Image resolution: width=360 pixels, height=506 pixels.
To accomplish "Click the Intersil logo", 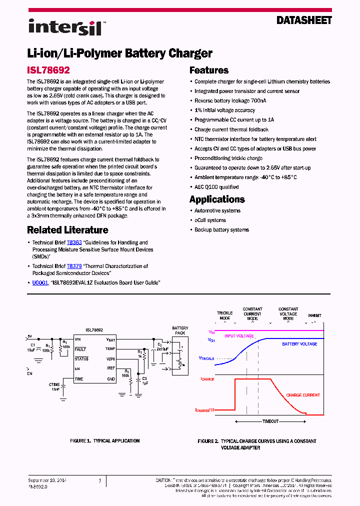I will (65, 26).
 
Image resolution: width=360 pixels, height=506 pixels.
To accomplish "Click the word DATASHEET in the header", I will (304, 20).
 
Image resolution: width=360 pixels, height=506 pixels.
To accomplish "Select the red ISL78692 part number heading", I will (48, 71).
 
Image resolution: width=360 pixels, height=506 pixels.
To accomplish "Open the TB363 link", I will (74, 242).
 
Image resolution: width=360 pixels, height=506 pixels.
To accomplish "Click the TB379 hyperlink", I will (74, 266).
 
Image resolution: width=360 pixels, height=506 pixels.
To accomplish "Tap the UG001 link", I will (40, 282).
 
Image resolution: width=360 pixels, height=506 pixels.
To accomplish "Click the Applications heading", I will (217, 199).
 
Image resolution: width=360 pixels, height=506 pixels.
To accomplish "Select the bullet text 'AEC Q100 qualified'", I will (216, 187).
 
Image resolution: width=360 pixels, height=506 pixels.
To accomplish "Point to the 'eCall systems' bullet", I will (210, 220).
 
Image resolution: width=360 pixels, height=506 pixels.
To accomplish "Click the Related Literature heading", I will (67, 230).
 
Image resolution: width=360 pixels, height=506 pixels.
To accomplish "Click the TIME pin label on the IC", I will (79, 379).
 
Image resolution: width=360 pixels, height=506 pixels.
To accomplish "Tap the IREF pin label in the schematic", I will (110, 368).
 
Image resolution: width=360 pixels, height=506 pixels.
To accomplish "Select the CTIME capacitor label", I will (54, 384).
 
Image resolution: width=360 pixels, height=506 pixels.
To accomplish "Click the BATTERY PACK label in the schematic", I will (180, 330).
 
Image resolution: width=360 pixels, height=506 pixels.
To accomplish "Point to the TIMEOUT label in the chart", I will (270, 421).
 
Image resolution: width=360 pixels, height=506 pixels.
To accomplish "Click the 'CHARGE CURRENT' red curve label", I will (303, 395).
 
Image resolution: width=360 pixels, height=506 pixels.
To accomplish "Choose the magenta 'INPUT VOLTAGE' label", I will (239, 336).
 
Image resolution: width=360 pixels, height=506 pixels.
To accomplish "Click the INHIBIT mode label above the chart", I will (314, 316).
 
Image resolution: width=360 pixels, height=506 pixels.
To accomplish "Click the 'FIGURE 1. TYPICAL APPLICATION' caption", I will (104, 441).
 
